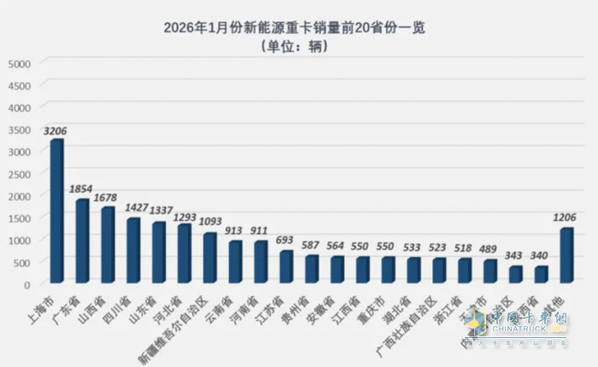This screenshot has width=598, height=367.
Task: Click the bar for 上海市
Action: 56,211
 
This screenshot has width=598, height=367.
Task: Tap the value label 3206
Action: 56,131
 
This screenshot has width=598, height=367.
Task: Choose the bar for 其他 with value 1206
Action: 566,255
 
